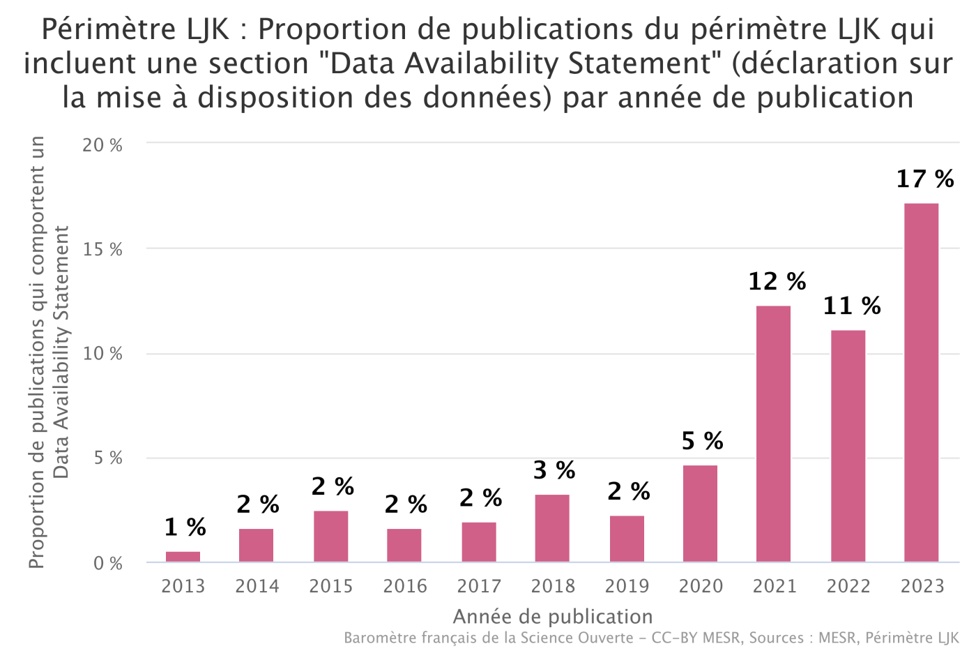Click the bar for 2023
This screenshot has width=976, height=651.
pyautogui.click(x=921, y=382)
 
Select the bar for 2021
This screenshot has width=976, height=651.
pyautogui.click(x=773, y=433)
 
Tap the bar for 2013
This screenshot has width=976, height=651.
pyautogui.click(x=183, y=557)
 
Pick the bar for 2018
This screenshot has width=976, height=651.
pyautogui.click(x=552, y=528)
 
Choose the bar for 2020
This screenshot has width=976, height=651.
pyautogui.click(x=700, y=514)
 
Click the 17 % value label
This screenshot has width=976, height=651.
pyautogui.click(x=924, y=179)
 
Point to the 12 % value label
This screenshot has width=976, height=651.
pyautogui.click(x=777, y=282)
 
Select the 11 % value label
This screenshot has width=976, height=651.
pyautogui.click(x=851, y=306)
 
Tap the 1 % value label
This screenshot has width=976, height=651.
pyautogui.click(x=185, y=527)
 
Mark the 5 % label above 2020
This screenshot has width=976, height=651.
pyautogui.click(x=702, y=441)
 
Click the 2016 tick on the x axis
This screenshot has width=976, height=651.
pyautogui.click(x=405, y=586)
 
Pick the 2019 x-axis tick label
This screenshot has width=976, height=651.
pyautogui.click(x=627, y=586)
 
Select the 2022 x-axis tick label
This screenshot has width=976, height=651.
pyautogui.click(x=848, y=586)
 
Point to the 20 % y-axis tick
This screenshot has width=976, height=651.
pyautogui.click(x=102, y=145)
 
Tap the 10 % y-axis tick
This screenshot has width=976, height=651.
pyautogui.click(x=102, y=354)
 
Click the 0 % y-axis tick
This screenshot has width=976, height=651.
pyautogui.click(x=108, y=563)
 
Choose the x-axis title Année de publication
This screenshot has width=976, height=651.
pyautogui.click(x=553, y=617)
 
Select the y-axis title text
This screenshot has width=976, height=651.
pyautogui.click(x=49, y=352)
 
